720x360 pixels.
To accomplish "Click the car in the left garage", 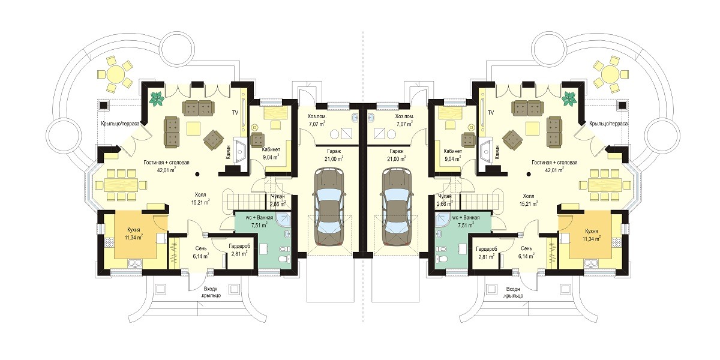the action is [x=329, y=208].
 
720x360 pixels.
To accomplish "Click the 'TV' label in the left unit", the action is [x=235, y=113].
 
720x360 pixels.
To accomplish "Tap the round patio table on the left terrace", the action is [x=116, y=73].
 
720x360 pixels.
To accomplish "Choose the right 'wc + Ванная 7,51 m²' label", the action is [x=466, y=221].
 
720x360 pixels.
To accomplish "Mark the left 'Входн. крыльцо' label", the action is [x=211, y=292].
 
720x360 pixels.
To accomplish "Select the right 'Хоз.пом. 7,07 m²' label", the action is [x=404, y=120].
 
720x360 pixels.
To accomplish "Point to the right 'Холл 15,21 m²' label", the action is [x=529, y=200].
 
